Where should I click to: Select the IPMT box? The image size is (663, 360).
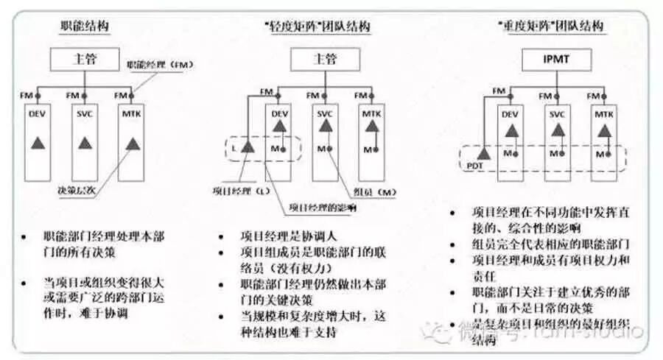coord(549,57)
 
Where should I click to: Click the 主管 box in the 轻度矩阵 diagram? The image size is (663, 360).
coord(326,58)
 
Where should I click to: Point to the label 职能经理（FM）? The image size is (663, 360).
coord(160,66)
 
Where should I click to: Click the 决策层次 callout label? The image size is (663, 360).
coord(77,190)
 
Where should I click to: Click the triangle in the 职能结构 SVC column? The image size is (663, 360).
coord(85,143)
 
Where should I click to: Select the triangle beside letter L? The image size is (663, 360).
coord(248,148)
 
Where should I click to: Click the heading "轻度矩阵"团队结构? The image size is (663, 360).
coord(317,27)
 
